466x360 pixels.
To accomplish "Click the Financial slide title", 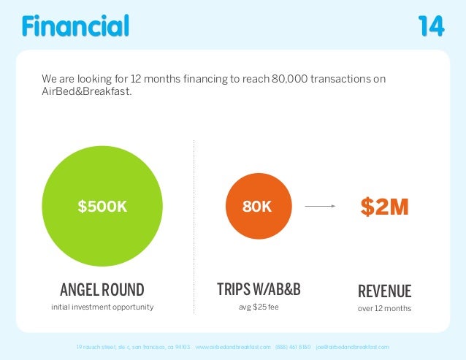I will [75, 26].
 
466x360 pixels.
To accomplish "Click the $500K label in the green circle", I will [102, 207].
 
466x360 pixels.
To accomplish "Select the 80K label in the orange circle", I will [256, 207].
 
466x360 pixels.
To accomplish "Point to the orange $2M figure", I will [384, 207].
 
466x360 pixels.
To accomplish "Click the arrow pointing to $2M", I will [319, 207].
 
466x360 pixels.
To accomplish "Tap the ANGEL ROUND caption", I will [102, 290].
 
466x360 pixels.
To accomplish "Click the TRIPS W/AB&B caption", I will [259, 290].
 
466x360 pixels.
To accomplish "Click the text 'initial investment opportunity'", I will [102, 307].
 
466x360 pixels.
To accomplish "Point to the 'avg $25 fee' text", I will [259, 307].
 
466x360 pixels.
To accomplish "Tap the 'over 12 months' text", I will [384, 308].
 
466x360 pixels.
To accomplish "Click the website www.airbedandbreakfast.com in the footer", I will [233, 346].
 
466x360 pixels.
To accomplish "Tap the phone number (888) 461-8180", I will [293, 346].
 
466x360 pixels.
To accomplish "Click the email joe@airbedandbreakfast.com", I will [352, 346].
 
